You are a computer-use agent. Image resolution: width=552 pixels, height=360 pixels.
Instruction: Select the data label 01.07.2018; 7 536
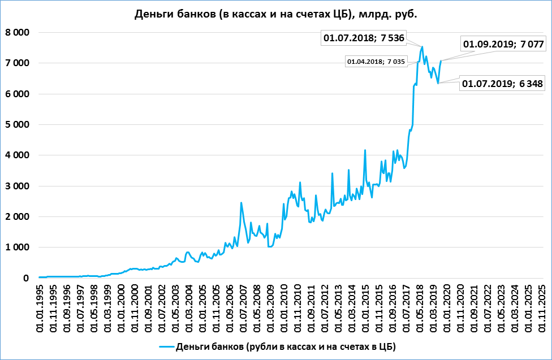(368, 38)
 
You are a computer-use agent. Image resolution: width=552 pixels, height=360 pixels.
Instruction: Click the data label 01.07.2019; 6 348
(502, 84)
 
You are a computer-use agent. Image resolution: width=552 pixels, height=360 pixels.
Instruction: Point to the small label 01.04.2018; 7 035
(376, 62)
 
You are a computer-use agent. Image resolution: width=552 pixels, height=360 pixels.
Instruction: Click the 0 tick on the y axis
(25, 278)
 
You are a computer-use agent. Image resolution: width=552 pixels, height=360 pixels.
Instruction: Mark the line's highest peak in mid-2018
(422, 47)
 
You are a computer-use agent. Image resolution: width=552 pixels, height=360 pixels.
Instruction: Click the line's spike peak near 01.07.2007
(241, 203)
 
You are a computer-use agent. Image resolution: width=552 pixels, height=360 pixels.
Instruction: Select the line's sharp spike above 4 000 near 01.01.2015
(365, 150)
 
